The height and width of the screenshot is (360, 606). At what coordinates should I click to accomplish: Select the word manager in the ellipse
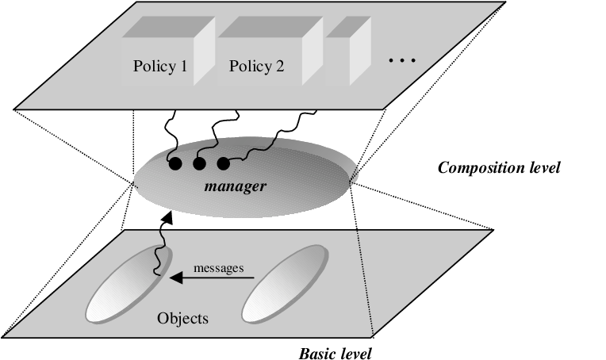point(234,188)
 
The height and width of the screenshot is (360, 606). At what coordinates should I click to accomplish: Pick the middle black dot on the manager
point(199,164)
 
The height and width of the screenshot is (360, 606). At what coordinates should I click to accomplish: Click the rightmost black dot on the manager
point(223,164)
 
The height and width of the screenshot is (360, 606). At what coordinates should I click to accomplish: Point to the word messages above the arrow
point(218,268)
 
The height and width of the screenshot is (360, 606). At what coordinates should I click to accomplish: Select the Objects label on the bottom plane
point(183,319)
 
